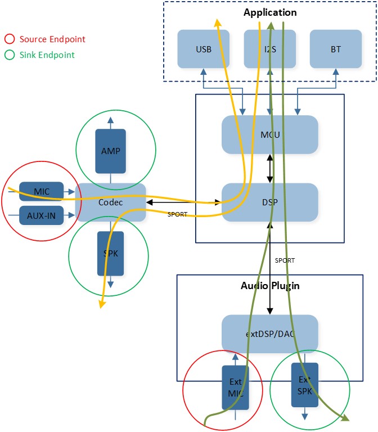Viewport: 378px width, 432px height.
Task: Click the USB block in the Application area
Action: click(203, 49)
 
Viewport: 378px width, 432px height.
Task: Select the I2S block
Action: click(270, 49)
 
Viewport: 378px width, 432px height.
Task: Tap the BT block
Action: click(336, 49)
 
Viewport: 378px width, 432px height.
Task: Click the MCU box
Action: click(270, 134)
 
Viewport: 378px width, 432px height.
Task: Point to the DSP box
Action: click(270, 202)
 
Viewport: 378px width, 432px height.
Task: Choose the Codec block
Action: click(110, 202)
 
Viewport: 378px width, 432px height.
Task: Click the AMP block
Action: click(110, 151)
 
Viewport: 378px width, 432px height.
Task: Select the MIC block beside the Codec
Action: click(41, 191)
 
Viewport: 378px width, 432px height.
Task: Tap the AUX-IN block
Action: click(41, 215)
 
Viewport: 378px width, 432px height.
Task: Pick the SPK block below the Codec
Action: click(110, 254)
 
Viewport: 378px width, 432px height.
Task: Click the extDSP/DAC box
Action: click(270, 334)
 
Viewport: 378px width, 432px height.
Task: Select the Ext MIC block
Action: click(235, 388)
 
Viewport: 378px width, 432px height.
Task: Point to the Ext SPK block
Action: click(305, 385)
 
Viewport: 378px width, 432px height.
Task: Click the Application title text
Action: click(270, 12)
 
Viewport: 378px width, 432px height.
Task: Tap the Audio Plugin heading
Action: click(270, 286)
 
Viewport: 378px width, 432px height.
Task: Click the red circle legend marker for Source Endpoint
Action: click(10, 39)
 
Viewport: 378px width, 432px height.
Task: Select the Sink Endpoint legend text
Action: click(47, 55)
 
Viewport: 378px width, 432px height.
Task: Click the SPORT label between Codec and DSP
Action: click(177, 214)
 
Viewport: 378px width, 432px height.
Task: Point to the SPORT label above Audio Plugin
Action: click(285, 260)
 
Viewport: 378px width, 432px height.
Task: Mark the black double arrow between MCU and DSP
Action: click(270, 169)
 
